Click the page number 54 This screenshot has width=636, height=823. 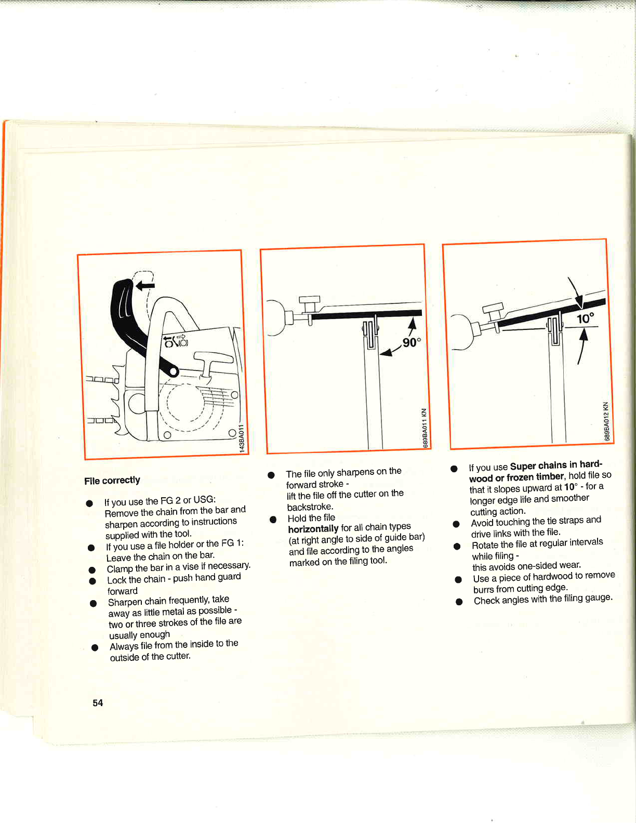tap(98, 703)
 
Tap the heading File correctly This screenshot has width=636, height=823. tap(112, 481)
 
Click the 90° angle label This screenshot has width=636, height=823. tap(412, 343)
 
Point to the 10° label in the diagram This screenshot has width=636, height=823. tap(585, 318)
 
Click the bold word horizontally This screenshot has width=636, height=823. tap(313, 529)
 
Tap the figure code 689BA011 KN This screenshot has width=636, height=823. tap(425, 428)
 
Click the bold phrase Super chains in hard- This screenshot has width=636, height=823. tap(556, 465)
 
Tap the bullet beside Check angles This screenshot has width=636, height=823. tap(459, 602)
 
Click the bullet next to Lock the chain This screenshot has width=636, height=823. tap(92, 581)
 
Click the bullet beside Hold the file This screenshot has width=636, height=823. tap(273, 519)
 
